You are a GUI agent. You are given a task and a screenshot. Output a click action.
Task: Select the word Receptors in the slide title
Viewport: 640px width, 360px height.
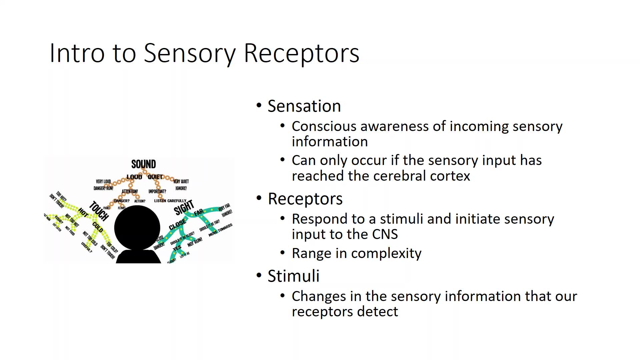(301, 53)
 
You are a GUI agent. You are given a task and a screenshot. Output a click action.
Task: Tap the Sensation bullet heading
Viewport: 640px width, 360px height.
(304, 106)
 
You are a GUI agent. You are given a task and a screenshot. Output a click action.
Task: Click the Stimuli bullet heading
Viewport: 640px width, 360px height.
(293, 276)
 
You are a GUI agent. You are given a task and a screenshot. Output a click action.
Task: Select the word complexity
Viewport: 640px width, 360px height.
(386, 253)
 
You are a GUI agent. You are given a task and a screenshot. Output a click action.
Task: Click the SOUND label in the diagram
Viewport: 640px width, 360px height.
(143, 164)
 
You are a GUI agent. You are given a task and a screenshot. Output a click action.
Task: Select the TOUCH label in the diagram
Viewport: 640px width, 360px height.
(99, 211)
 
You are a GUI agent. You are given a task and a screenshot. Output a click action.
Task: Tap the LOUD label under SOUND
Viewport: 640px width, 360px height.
(134, 177)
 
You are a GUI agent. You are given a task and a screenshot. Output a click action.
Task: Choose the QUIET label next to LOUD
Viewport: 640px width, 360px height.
(155, 177)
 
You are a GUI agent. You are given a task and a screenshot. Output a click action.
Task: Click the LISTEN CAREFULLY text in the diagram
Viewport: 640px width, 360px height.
(170, 201)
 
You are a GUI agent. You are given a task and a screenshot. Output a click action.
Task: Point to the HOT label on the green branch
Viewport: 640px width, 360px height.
(83, 212)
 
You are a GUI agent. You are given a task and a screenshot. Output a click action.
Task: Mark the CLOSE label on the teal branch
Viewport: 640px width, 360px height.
(177, 224)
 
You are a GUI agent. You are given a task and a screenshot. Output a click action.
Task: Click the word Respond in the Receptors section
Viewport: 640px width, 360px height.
(319, 219)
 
